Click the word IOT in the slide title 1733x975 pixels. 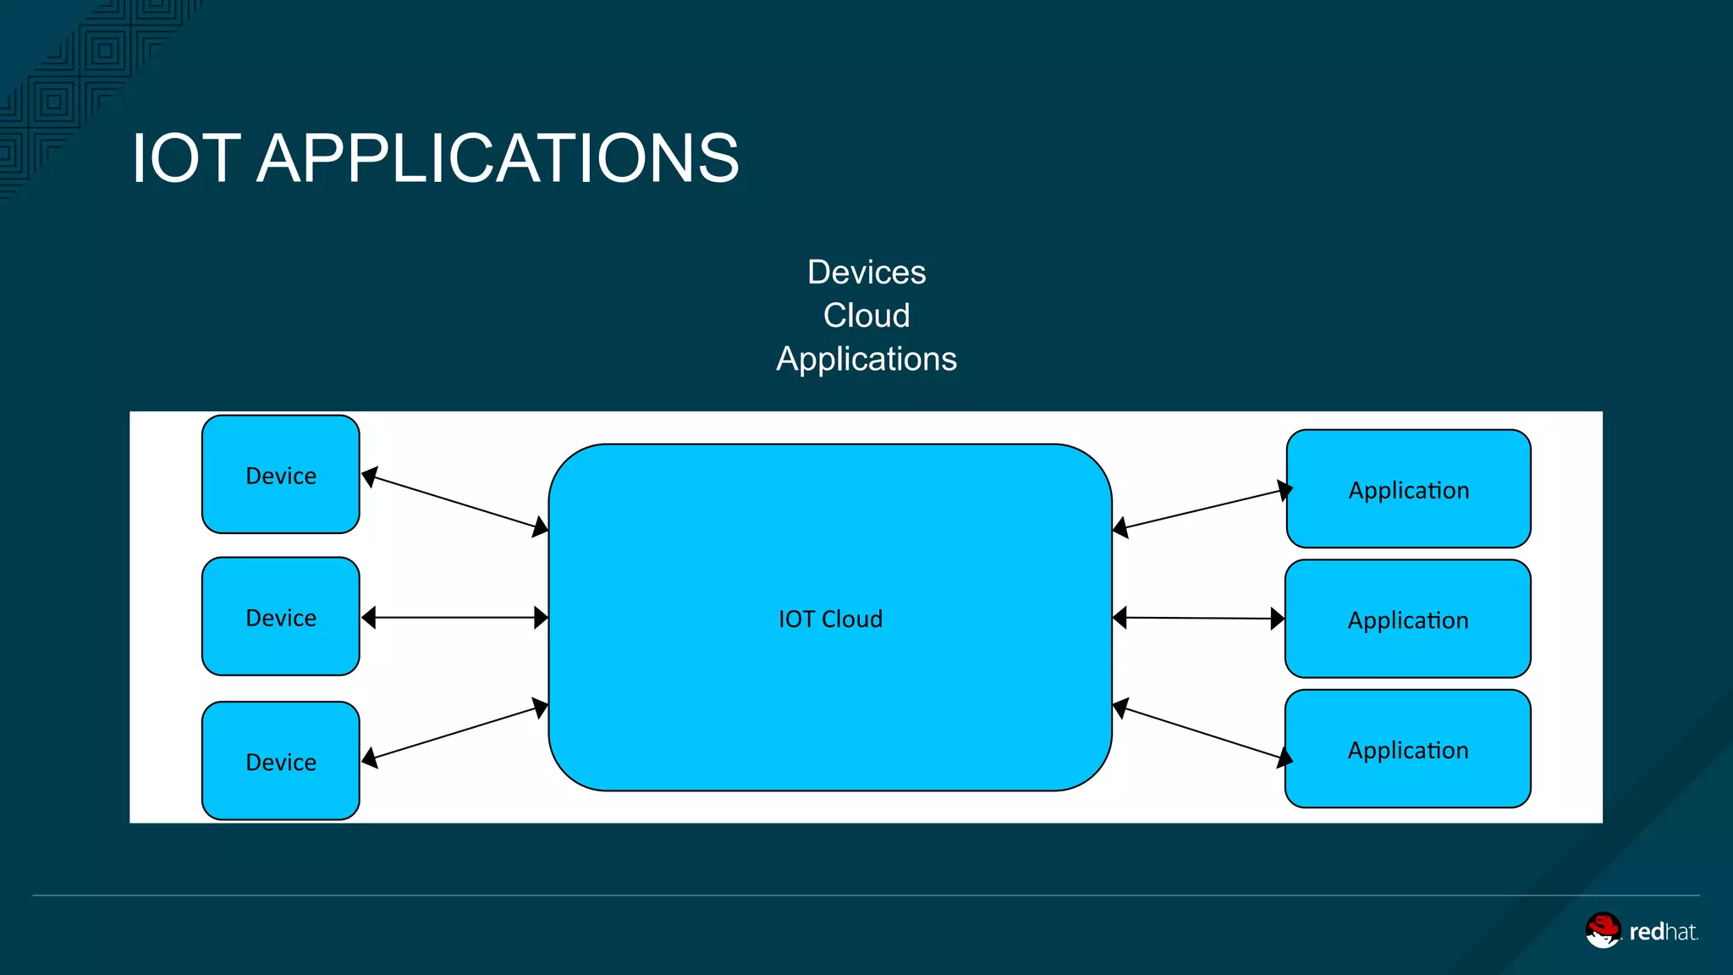pos(186,158)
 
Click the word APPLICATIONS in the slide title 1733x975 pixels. pos(498,158)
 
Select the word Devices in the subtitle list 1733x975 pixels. pos(866,273)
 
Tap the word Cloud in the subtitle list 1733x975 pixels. pos(866,316)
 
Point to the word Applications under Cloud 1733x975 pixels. pos(866,360)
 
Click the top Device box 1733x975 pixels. pos(281,474)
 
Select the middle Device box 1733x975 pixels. pos(281,616)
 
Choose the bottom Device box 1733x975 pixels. pos(281,760)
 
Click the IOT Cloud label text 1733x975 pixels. pos(830,619)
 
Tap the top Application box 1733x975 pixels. pos(1409,488)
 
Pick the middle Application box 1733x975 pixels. pos(1408,619)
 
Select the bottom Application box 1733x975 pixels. pos(1408,749)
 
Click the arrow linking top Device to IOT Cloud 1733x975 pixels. pos(455,502)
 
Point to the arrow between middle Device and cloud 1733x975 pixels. pos(455,618)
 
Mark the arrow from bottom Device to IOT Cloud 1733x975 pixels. pos(455,733)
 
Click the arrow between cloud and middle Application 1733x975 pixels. pos(1199,619)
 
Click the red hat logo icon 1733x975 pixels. pos(1603,930)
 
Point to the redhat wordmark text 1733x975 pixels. pos(1664,932)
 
